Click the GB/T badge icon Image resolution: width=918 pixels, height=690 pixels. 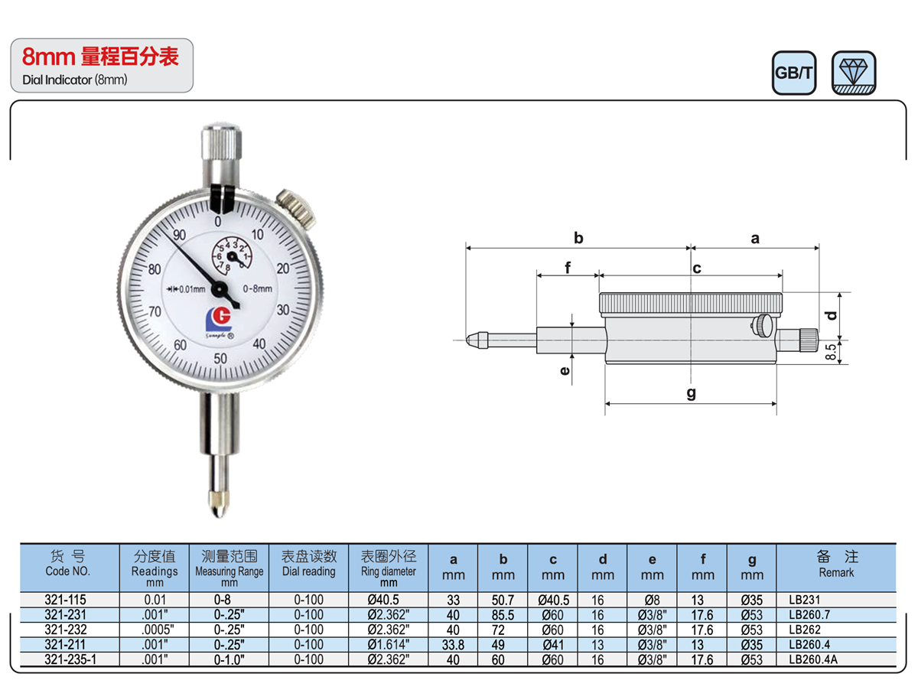(793, 73)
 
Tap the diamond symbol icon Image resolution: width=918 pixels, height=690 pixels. (853, 73)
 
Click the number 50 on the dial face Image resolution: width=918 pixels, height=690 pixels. (220, 358)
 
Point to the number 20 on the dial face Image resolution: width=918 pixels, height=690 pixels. (283, 268)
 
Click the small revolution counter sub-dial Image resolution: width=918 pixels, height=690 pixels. (231, 256)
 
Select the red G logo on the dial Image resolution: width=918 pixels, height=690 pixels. (219, 319)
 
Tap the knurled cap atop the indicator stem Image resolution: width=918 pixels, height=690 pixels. (221, 142)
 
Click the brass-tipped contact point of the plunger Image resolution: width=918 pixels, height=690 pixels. (219, 504)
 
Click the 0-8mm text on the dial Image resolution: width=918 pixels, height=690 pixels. (257, 288)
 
